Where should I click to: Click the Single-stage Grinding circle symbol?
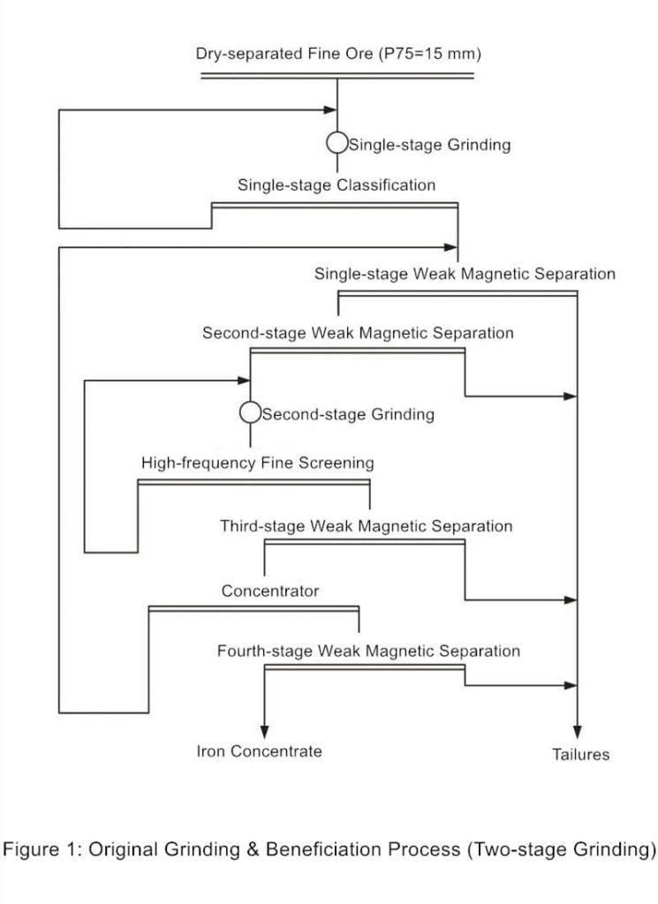click(337, 143)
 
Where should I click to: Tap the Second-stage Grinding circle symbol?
click(250, 412)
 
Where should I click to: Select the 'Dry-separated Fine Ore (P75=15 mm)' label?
click(338, 55)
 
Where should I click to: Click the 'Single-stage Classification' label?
click(336, 185)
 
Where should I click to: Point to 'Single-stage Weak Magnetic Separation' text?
click(465, 274)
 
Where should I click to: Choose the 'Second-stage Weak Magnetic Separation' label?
click(358, 334)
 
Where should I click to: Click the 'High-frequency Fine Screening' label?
click(257, 463)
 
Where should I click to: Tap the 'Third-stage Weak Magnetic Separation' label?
click(366, 526)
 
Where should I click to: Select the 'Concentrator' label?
click(270, 591)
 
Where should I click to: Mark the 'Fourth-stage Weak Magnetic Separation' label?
click(368, 652)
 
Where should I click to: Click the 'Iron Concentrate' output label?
click(259, 751)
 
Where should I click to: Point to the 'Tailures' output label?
click(580, 755)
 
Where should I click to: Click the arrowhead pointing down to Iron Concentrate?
click(264, 730)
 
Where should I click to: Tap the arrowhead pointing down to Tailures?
click(578, 730)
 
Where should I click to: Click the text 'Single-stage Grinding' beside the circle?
click(429, 145)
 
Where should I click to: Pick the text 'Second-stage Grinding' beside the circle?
click(348, 414)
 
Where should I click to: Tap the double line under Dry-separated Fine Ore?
click(337, 77)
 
